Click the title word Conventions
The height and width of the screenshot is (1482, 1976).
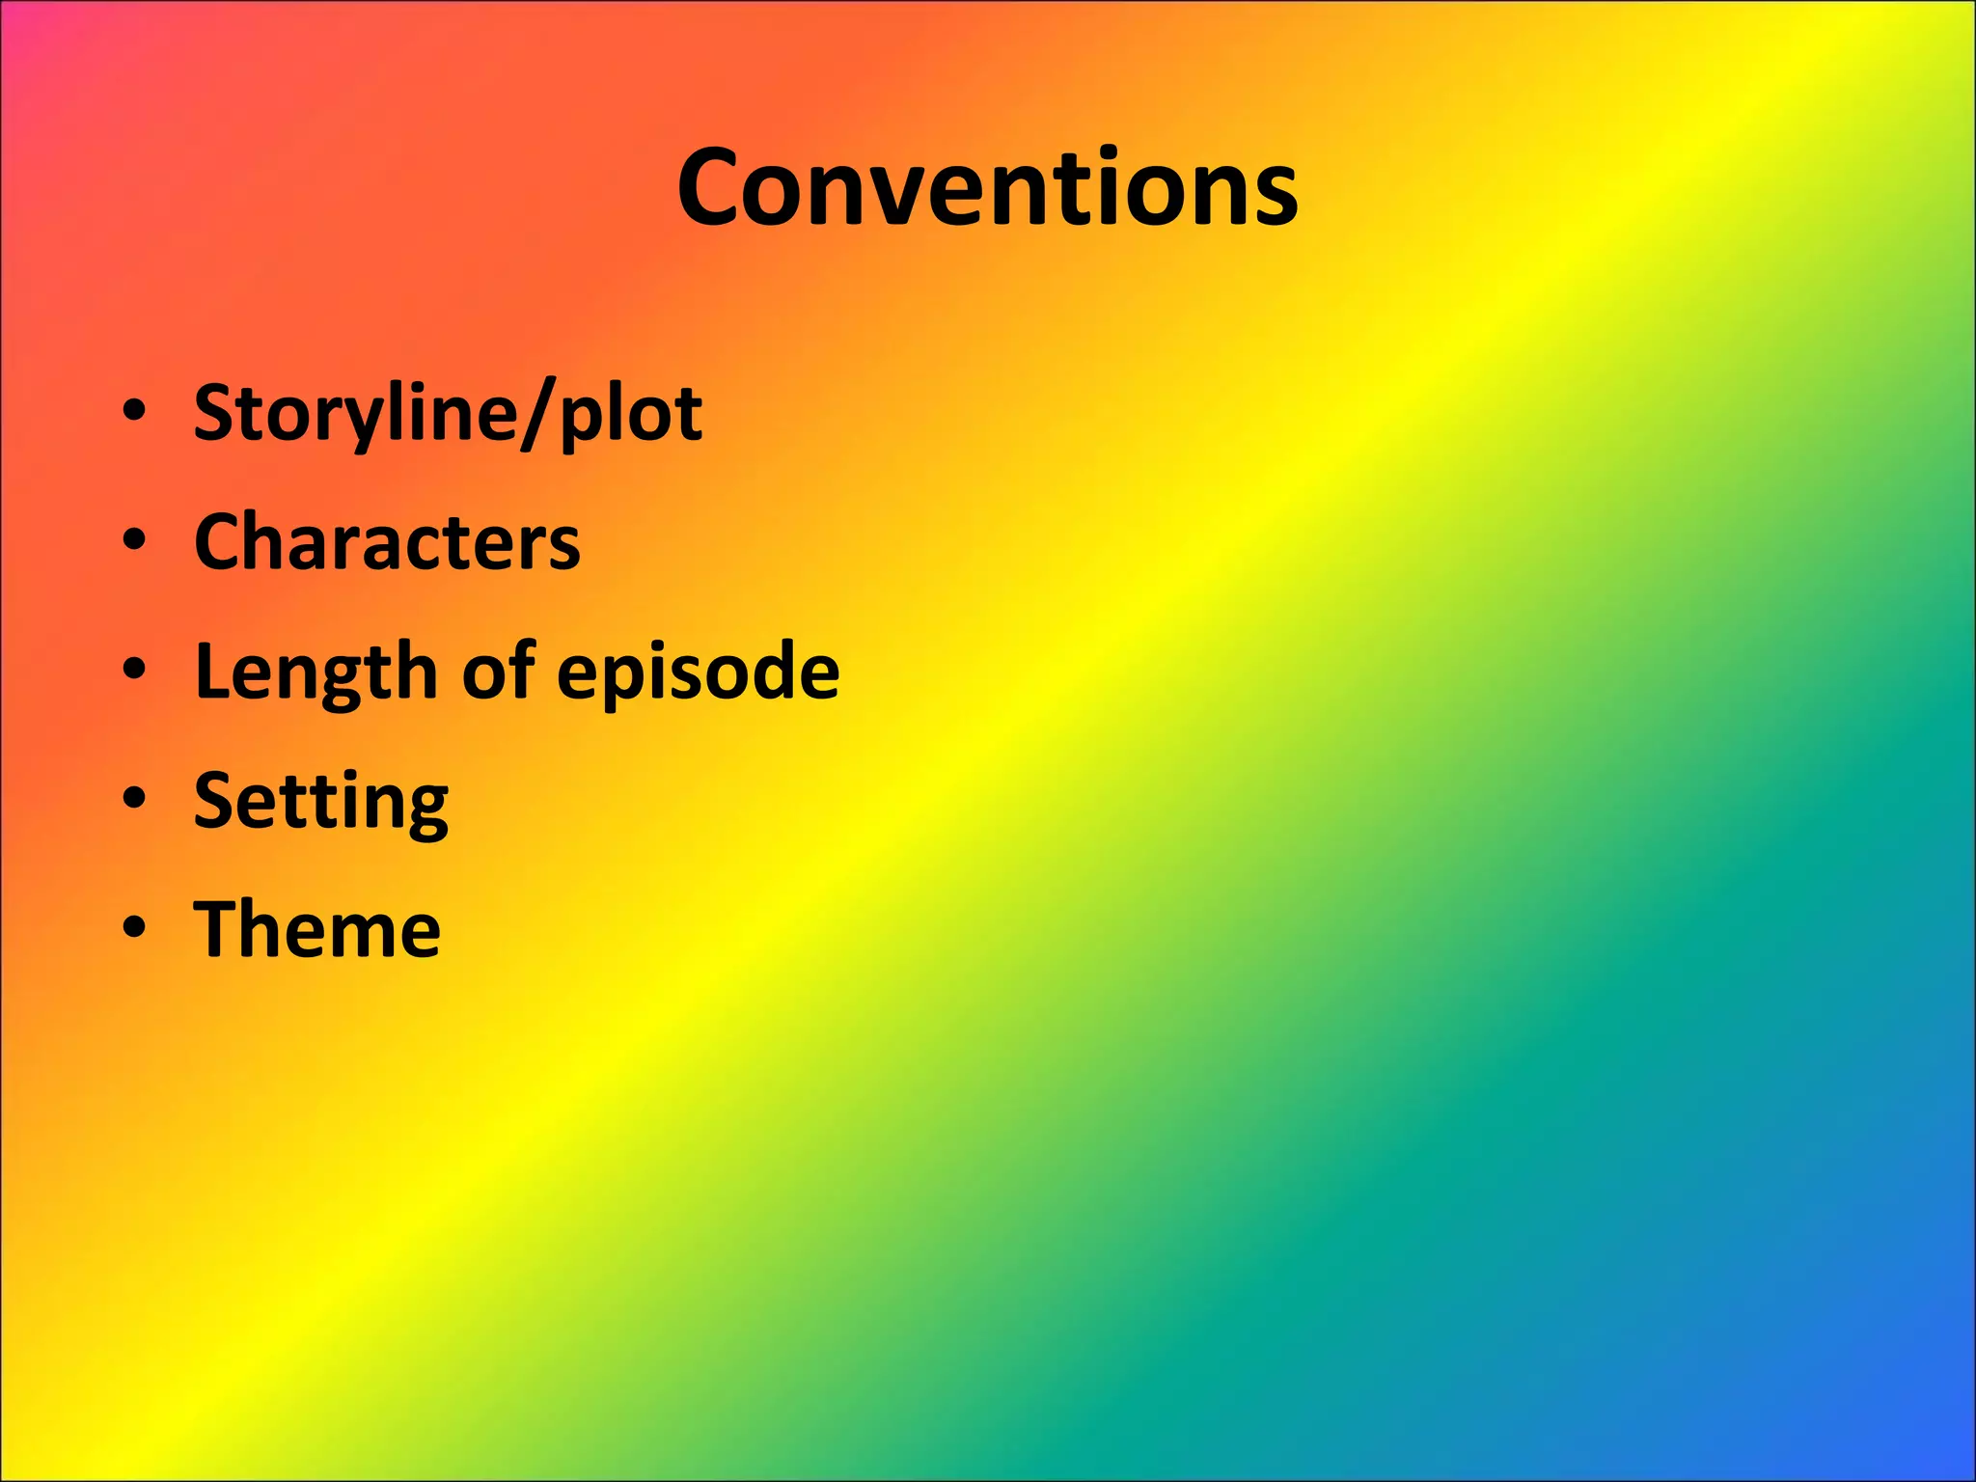(x=987, y=188)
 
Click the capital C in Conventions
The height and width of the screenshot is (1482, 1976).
(x=714, y=188)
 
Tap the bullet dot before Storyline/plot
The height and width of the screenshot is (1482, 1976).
(x=135, y=412)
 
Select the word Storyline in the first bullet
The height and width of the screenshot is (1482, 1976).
(x=353, y=414)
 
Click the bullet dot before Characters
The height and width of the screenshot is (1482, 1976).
(x=135, y=541)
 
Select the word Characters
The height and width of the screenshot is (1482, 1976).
(x=387, y=542)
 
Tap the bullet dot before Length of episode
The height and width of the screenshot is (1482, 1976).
(x=135, y=671)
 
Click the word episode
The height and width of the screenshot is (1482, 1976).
(x=698, y=672)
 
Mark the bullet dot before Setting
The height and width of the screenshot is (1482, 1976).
(x=135, y=800)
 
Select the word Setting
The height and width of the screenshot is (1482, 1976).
(x=320, y=802)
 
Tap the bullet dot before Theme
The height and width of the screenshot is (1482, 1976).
(x=135, y=928)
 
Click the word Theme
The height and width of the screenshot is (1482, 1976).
(x=317, y=929)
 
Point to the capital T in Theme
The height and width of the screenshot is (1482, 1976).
(x=219, y=928)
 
